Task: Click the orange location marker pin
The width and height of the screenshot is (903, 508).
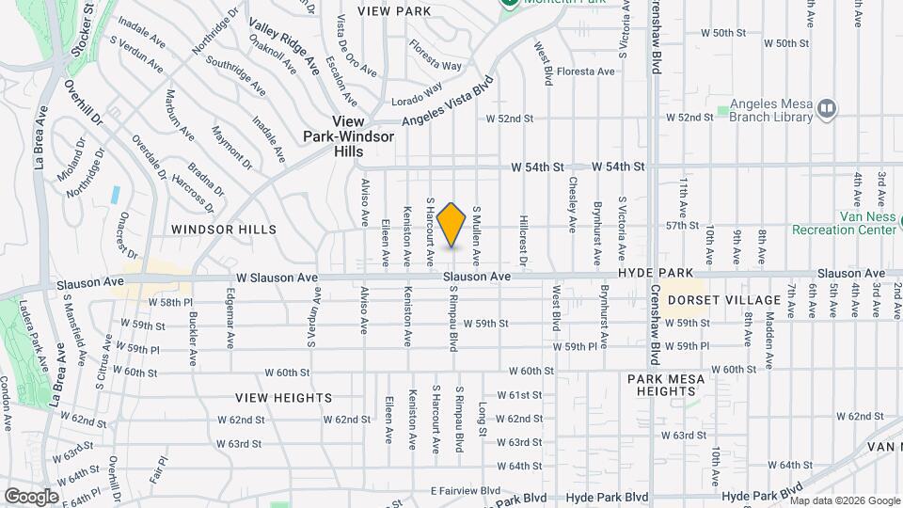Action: point(451,225)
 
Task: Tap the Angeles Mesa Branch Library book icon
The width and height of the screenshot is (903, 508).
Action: point(826,109)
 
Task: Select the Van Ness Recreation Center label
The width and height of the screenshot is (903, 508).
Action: point(844,222)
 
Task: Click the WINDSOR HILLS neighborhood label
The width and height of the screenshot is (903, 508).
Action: point(224,230)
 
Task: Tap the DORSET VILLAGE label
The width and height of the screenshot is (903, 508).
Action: point(723,300)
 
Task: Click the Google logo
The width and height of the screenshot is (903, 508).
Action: point(31,497)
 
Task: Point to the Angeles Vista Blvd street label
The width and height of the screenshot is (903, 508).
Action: point(448,103)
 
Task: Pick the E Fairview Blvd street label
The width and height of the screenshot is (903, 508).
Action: point(466,491)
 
